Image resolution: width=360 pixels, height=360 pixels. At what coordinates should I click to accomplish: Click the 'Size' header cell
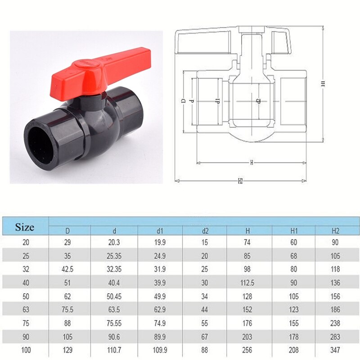pos(24,227)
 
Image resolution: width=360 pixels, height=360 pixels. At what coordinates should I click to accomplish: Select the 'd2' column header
pos(205,231)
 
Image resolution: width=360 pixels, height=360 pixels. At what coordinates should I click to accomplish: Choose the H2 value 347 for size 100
pos(335,349)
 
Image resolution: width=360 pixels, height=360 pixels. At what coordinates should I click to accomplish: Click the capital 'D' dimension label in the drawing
pos(183,101)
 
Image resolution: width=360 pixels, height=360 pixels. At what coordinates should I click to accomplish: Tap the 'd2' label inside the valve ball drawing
pos(257,101)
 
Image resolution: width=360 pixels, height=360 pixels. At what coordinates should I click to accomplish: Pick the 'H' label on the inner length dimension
pos(252,162)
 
